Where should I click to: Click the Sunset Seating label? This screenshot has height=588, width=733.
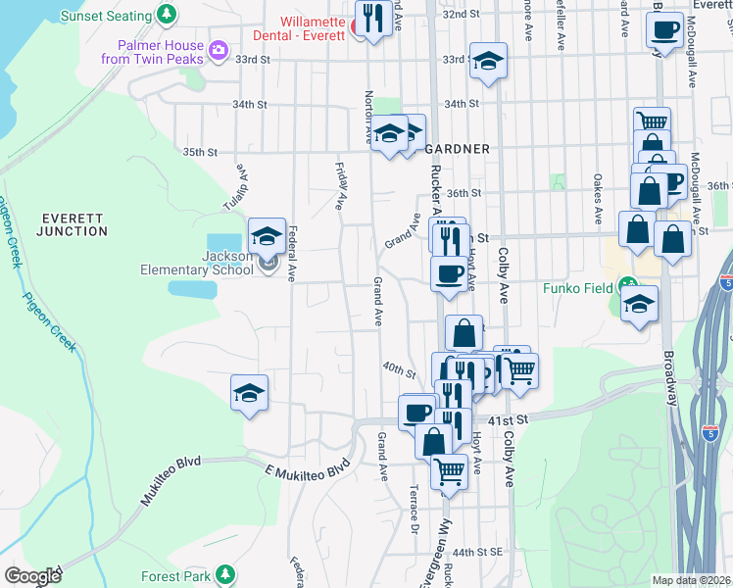click(106, 16)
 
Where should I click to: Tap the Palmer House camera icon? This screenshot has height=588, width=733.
click(219, 49)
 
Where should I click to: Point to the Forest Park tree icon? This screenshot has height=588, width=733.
click(226, 573)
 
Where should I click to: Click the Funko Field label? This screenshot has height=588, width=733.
click(578, 288)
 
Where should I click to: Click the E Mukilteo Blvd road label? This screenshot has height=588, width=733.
click(307, 467)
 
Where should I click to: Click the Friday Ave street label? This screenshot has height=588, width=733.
click(342, 187)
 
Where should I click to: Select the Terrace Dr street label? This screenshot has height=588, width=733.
click(415, 507)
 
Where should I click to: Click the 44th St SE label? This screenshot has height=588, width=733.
click(477, 552)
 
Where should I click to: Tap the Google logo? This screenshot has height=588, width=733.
click(32, 576)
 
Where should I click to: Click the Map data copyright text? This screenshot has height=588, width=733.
click(690, 580)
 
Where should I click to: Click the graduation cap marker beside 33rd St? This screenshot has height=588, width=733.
click(488, 62)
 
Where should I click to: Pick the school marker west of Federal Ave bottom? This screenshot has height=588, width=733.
click(250, 393)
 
